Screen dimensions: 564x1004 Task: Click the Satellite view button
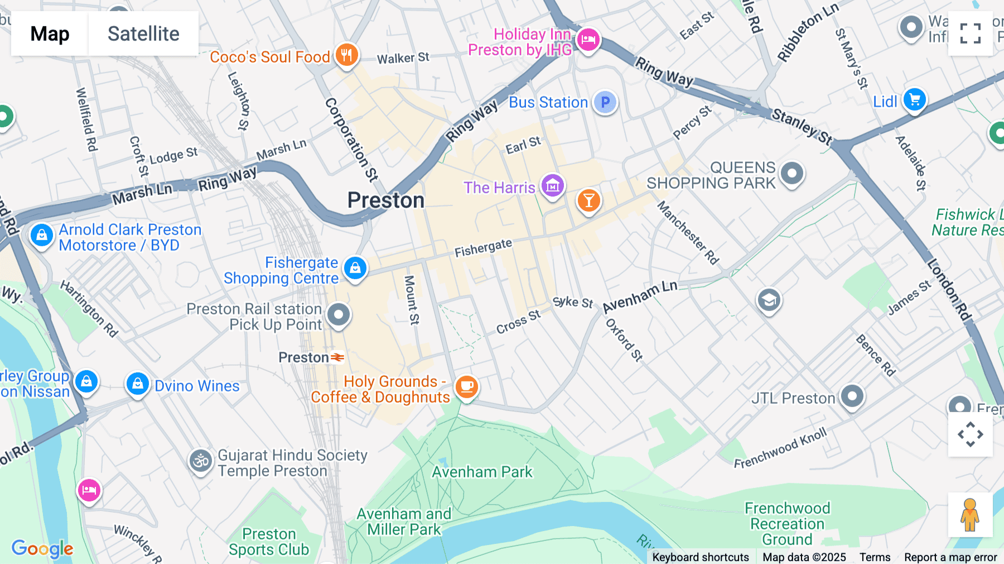click(143, 34)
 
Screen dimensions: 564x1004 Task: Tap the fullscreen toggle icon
click(970, 34)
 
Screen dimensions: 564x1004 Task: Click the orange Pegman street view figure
click(970, 515)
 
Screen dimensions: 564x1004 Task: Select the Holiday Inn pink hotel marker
click(588, 40)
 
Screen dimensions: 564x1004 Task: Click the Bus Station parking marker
click(605, 102)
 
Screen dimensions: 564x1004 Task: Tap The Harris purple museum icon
click(553, 185)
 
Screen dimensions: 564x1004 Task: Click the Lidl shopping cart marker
click(915, 100)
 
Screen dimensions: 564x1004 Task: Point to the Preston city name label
click(386, 200)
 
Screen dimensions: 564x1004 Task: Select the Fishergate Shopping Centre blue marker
click(355, 269)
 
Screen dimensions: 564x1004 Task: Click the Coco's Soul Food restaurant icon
click(347, 55)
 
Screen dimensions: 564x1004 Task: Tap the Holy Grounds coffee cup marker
click(467, 386)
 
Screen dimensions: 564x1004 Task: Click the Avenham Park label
click(482, 472)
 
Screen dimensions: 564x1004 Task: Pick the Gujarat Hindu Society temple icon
click(200, 461)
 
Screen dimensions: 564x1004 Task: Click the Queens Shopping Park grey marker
click(792, 173)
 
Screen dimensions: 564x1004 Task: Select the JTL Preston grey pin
click(852, 396)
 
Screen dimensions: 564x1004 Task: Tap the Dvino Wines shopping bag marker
click(137, 384)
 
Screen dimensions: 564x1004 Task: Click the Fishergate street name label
click(483, 248)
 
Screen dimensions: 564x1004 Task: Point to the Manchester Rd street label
click(688, 233)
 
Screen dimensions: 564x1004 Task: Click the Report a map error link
click(950, 557)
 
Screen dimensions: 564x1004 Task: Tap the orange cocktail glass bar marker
click(588, 200)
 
